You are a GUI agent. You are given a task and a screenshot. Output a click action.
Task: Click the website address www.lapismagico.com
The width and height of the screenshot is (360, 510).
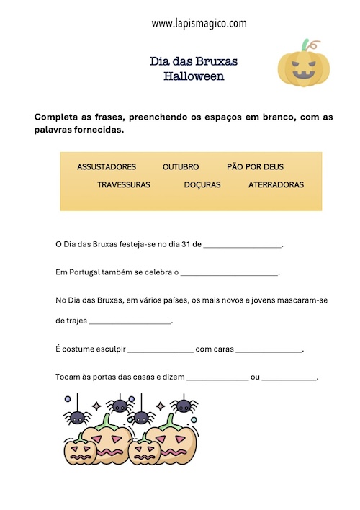(x=199, y=23)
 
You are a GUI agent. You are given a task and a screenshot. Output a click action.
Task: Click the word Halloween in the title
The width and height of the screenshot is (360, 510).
(x=194, y=76)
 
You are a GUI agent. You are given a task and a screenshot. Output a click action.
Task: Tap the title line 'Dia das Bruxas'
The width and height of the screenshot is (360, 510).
(x=194, y=62)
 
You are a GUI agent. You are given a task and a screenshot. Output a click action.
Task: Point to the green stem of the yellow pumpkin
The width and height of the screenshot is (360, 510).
(x=308, y=45)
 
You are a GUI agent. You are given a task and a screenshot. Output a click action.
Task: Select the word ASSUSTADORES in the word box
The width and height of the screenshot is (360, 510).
(x=107, y=166)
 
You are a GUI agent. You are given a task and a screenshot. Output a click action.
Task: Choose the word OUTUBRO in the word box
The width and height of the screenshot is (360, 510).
(x=181, y=166)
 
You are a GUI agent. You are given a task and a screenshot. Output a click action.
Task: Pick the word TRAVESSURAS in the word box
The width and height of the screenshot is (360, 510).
(x=124, y=184)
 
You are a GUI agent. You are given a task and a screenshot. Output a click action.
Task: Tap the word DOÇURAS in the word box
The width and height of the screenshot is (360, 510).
(x=202, y=184)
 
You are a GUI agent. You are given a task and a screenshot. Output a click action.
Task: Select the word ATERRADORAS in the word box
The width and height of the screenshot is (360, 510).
(x=276, y=184)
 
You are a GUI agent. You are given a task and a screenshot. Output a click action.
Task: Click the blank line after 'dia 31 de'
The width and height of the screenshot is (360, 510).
(x=243, y=246)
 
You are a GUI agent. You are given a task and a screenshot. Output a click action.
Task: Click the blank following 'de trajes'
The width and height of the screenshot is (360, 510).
(x=129, y=322)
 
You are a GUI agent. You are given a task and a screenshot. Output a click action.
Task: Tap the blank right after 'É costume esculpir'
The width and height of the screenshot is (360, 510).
(x=161, y=351)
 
